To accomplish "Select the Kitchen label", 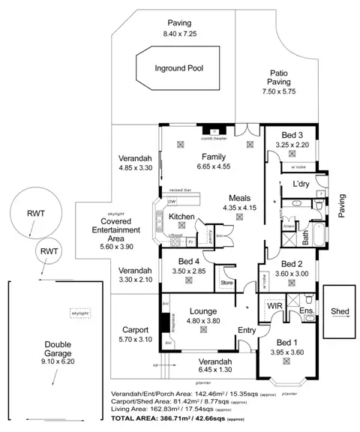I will (182, 217).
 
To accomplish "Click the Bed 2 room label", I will (291, 264).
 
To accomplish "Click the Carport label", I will (136, 328).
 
